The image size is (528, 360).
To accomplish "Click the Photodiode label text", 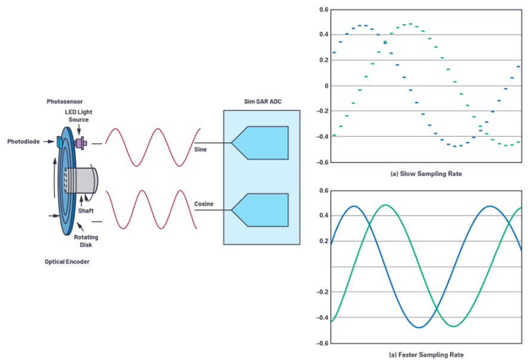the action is [x=24, y=141].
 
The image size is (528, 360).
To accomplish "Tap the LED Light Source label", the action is [x=79, y=116].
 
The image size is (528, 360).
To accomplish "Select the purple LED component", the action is [x=81, y=143].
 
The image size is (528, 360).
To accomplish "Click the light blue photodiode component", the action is [x=59, y=142].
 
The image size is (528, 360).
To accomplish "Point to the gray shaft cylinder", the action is [x=81, y=181].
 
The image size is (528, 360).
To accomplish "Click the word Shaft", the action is [x=86, y=211].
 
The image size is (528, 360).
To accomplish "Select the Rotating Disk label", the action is [x=86, y=241].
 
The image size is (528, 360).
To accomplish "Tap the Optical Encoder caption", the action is [x=67, y=261].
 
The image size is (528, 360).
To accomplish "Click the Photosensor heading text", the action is [x=64, y=101].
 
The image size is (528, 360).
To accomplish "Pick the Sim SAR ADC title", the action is [x=263, y=101].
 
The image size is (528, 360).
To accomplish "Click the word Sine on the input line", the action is [x=200, y=149].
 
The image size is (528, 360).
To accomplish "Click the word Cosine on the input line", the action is [x=203, y=204].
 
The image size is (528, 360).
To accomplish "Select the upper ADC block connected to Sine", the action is [x=260, y=143].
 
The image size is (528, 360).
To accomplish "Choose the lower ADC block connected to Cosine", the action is [x=260, y=210].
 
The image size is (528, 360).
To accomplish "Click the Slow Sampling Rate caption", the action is [x=426, y=174].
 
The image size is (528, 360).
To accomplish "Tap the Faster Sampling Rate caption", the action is [x=426, y=355].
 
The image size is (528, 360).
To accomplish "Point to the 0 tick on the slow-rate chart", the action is [x=326, y=86].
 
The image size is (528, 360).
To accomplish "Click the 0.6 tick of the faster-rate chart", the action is [x=324, y=191].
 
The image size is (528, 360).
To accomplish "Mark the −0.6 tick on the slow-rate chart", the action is [x=322, y=162].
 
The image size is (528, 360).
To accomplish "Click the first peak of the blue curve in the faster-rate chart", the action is [x=354, y=206].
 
